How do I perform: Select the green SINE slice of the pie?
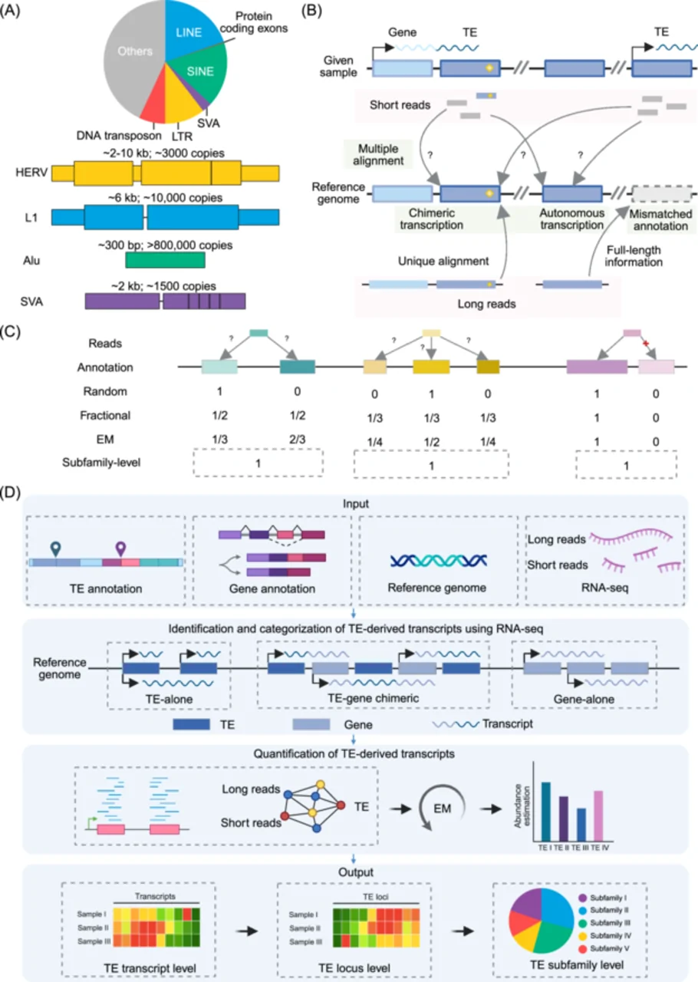tap(202, 74)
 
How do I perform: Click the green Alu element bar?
tap(165, 260)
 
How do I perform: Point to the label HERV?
tap(31, 173)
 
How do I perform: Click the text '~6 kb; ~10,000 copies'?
tap(165, 198)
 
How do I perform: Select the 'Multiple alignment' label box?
tap(378, 154)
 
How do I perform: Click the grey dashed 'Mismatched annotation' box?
tap(662, 193)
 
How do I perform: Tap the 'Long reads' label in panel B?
tap(486, 304)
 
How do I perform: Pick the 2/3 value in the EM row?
tap(298, 440)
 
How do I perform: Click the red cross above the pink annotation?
tap(645, 343)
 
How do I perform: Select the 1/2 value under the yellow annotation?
tap(431, 442)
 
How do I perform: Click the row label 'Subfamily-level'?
tap(101, 463)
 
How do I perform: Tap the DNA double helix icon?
tap(439, 560)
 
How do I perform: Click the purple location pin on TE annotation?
tap(120, 549)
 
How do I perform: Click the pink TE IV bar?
tap(598, 816)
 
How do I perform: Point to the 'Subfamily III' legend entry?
tap(604, 923)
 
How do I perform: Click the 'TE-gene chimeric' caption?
tap(373, 698)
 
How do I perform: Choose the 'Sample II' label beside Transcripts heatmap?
tap(94, 928)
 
